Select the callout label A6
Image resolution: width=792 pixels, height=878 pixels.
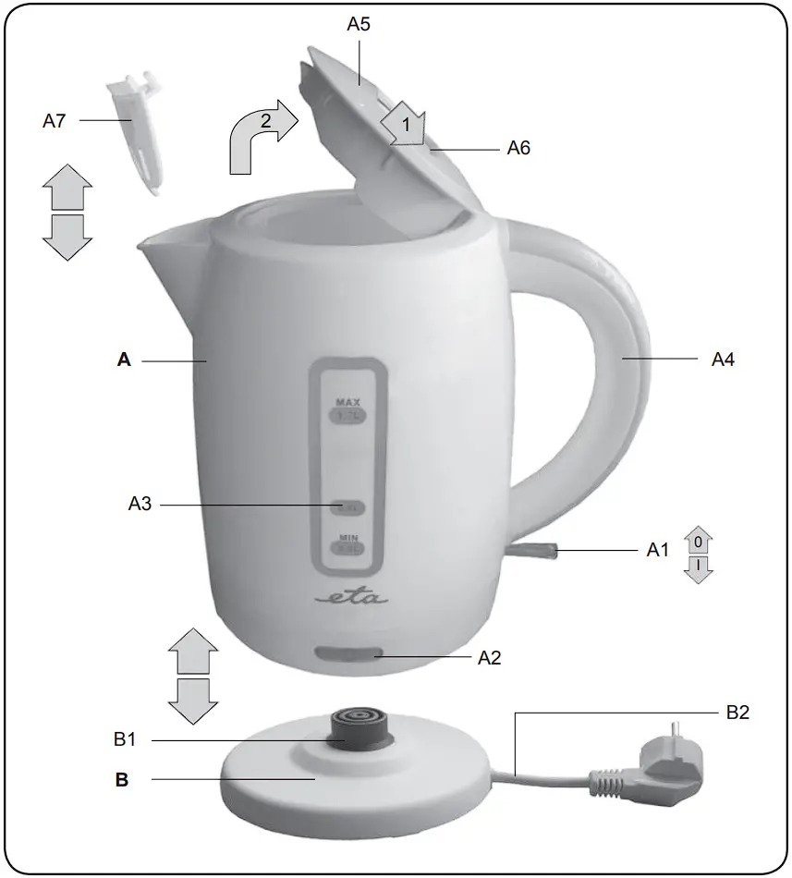coord(518,147)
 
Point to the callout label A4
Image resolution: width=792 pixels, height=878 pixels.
coord(723,360)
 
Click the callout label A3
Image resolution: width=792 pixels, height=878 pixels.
coord(140,505)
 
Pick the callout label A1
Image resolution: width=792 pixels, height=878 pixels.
coord(656,551)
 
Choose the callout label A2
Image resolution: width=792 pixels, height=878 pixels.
coord(489,657)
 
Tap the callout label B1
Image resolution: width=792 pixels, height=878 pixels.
coord(126,739)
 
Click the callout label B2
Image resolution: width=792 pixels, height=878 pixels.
coord(737,713)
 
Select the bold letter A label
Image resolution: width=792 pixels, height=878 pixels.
coord(124,360)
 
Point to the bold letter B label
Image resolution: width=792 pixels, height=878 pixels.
coord(122,780)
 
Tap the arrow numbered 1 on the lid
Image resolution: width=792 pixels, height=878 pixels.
coord(403,121)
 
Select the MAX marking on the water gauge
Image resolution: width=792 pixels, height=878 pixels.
coord(347,403)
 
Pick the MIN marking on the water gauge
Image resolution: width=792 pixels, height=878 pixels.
coord(347,537)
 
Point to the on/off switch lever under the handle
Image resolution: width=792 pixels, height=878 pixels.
coord(534,551)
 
